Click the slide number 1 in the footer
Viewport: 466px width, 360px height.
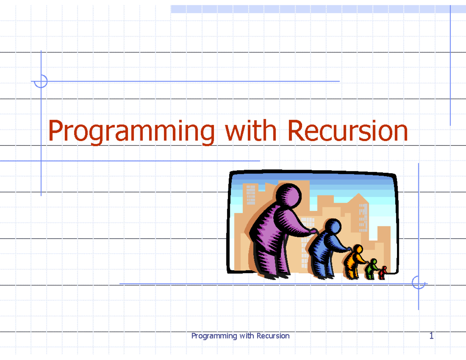coord(431,336)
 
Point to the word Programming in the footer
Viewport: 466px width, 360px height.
coord(214,336)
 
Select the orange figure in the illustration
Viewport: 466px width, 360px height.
coord(354,262)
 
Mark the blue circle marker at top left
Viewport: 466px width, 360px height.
coord(41,82)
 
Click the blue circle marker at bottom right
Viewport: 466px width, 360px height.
coord(418,283)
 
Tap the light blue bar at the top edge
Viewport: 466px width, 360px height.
coord(311,9)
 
